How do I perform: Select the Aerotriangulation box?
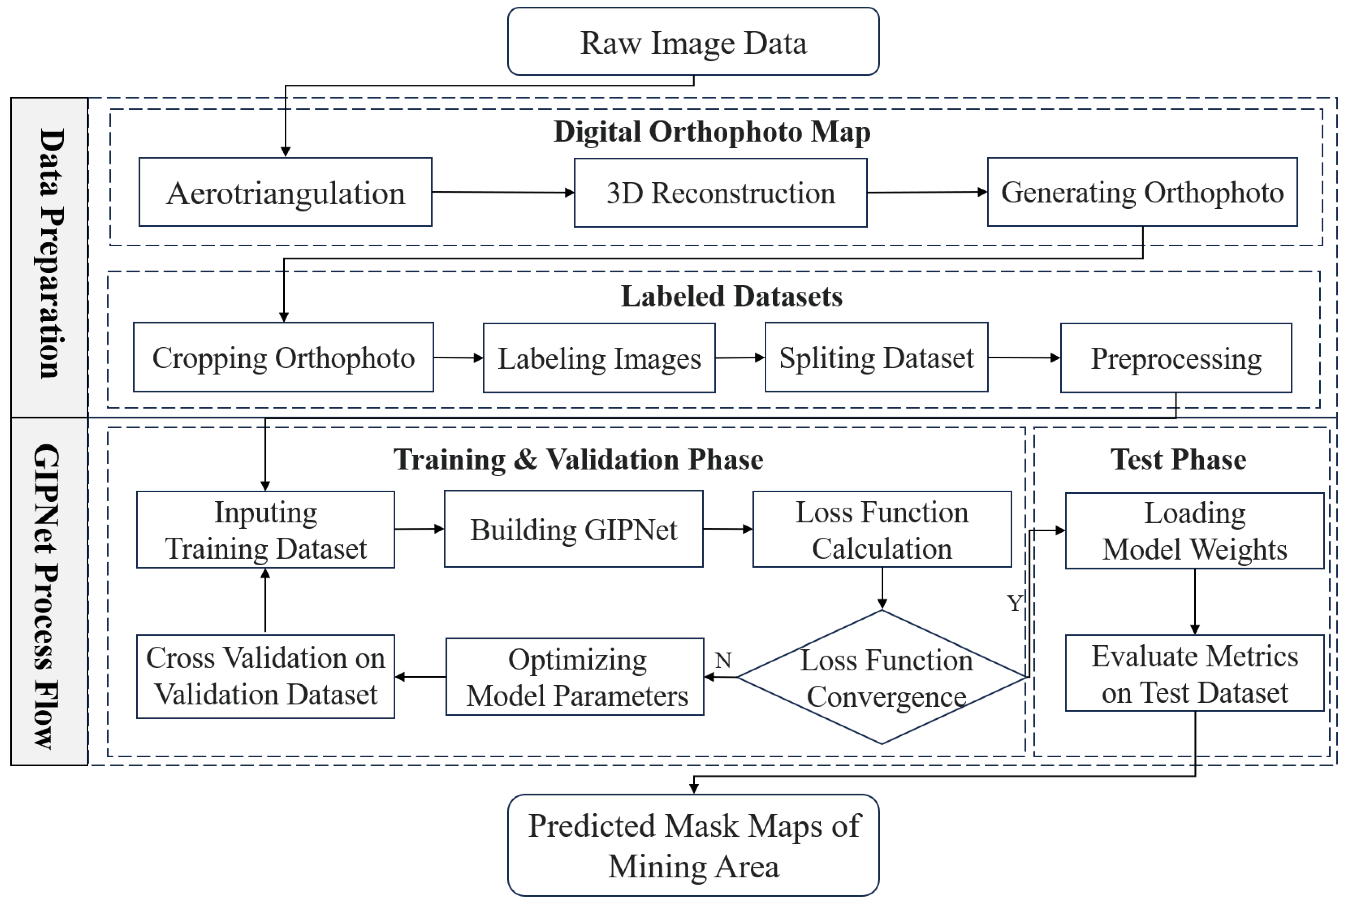tap(285, 192)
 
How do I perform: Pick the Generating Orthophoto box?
tap(1142, 192)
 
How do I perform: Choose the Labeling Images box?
tap(599, 358)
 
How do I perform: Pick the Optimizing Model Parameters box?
tap(575, 677)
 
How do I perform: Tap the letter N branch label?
tap(723, 660)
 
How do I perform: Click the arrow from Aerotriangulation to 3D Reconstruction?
tap(502, 192)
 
